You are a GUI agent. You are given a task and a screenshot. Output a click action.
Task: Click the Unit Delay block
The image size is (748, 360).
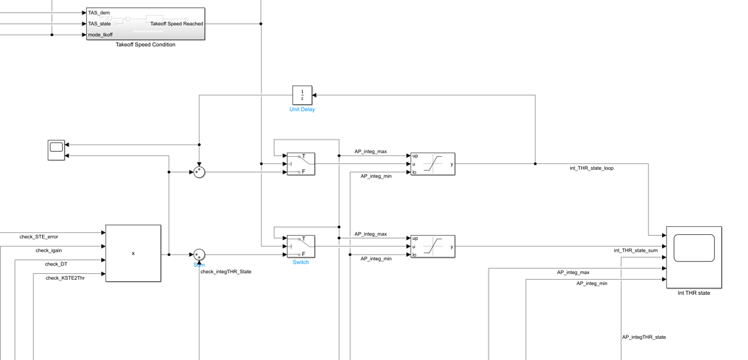(302, 95)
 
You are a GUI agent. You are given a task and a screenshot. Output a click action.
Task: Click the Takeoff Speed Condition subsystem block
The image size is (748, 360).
(145, 24)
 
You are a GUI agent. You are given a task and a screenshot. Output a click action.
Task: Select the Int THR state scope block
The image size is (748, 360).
(694, 257)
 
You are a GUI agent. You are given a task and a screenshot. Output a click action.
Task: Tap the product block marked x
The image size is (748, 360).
(133, 253)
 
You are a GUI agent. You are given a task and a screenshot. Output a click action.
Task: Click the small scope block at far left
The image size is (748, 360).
(56, 150)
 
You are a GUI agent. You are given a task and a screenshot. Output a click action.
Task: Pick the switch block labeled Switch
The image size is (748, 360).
(301, 247)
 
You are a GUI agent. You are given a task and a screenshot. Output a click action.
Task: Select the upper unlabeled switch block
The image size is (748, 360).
(301, 164)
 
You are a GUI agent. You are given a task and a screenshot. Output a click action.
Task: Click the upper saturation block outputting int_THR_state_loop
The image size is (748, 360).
(433, 164)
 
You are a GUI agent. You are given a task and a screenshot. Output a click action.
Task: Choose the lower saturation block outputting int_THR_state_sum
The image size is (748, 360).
(433, 247)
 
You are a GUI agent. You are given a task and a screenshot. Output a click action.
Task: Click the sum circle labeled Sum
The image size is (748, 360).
(199, 254)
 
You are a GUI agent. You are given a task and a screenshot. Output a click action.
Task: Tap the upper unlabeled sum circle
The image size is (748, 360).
(199, 172)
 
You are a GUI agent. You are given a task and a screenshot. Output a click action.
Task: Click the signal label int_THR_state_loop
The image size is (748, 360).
(591, 168)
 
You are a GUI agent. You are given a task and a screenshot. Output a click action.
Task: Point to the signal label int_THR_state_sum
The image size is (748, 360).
(635, 251)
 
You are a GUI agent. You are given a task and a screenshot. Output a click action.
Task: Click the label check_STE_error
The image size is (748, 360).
(39, 236)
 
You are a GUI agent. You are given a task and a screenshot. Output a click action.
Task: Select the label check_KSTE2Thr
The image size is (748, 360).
(65, 278)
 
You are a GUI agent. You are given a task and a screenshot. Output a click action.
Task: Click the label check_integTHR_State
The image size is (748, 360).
(225, 272)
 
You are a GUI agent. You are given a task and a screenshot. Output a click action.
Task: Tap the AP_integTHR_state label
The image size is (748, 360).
(644, 337)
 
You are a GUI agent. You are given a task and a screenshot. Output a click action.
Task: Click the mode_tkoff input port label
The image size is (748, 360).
(100, 35)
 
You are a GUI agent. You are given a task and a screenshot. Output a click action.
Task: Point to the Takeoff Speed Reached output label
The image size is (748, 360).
(176, 24)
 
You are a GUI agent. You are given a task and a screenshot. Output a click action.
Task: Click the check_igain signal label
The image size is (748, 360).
(48, 251)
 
